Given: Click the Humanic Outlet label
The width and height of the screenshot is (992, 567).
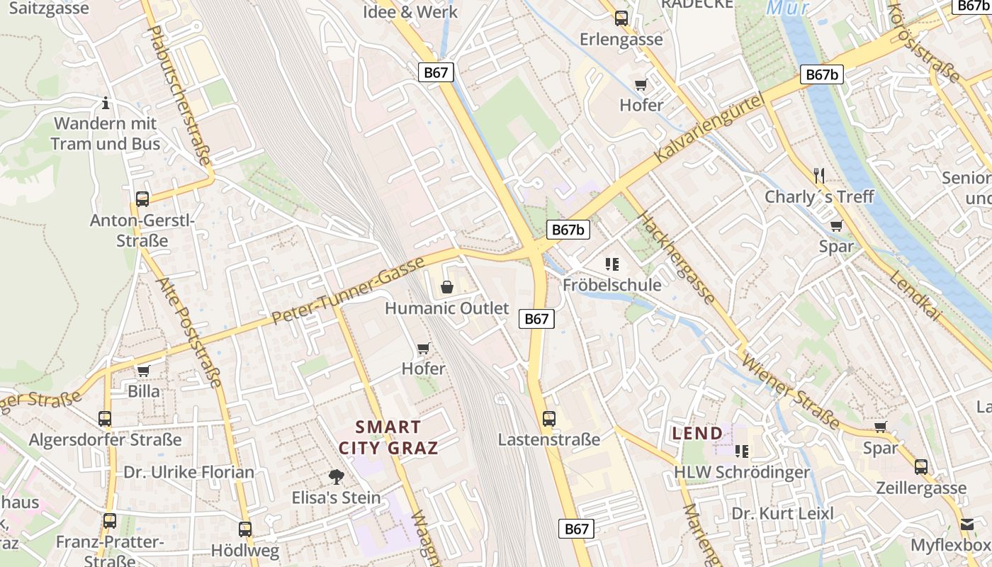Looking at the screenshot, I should pos(446,308).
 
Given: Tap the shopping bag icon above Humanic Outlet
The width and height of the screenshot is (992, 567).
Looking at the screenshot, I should pos(446,287).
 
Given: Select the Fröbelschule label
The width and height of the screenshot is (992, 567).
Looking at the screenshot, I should pos(612,285).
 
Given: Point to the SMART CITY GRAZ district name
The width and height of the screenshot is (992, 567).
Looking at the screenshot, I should pos(388,437).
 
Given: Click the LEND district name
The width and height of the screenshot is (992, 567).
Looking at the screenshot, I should pos(697,433).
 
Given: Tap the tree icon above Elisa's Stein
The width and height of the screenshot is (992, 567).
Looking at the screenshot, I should pos(337,477).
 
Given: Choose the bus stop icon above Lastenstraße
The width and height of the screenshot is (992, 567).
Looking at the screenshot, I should pos(549,419).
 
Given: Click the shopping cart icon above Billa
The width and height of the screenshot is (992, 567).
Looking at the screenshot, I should pos(144,371).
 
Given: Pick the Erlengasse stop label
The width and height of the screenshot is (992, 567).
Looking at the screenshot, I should pos(621,39).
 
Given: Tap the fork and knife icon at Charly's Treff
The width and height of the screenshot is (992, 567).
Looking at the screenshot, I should pos(819,175).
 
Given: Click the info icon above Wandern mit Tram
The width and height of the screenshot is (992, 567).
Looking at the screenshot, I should pos(106,103).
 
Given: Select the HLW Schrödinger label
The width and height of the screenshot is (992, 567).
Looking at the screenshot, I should pos(741,472).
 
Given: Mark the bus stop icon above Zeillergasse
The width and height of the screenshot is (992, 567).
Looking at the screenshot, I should pos(920,467).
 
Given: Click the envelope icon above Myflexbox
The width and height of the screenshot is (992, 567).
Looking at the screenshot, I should pos(967,524).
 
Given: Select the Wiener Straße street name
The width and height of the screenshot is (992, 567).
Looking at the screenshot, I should pos(790,391).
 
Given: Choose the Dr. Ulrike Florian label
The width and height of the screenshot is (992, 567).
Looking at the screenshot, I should pos(188,472).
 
